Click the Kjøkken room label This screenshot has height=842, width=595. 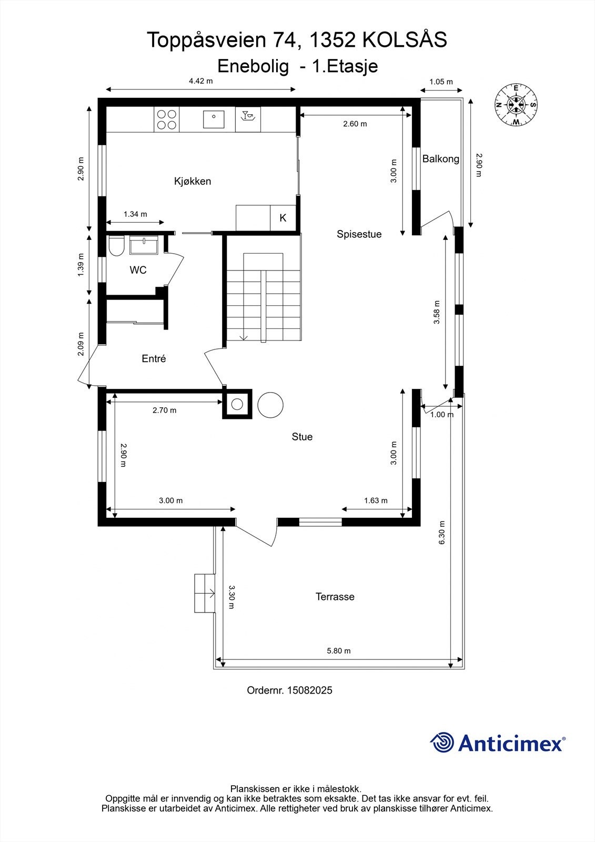click(x=193, y=181)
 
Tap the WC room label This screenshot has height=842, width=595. click(x=138, y=270)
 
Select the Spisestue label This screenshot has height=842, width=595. click(x=359, y=234)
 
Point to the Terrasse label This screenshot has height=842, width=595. click(x=335, y=597)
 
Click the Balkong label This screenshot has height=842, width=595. click(x=440, y=159)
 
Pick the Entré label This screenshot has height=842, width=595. click(x=154, y=358)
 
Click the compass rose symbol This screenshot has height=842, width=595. click(x=516, y=105)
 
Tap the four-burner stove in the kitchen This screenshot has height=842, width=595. click(x=167, y=119)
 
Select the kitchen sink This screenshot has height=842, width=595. click(x=214, y=119)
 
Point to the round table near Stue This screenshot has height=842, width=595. click(x=270, y=405)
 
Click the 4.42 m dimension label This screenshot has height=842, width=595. click(x=201, y=81)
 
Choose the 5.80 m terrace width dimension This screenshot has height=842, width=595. click(x=339, y=650)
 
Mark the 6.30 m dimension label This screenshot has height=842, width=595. click(x=441, y=532)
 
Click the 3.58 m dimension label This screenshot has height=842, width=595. click(x=436, y=312)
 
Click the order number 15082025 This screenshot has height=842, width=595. click(x=310, y=690)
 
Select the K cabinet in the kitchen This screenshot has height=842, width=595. click(x=283, y=218)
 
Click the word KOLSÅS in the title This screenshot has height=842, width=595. click(x=405, y=40)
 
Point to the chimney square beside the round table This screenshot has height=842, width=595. click(x=237, y=404)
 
